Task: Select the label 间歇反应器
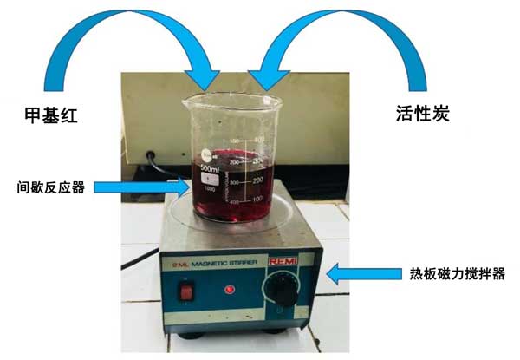(x=49, y=187)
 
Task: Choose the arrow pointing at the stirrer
(x=356, y=274)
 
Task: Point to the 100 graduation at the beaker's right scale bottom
(x=257, y=200)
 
